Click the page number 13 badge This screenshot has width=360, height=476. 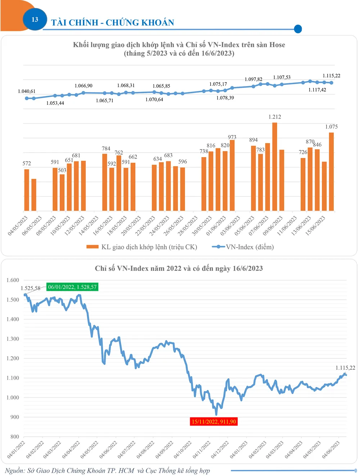click(x=35, y=19)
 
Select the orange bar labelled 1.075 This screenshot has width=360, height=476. click(x=332, y=172)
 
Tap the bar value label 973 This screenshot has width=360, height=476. click(x=232, y=137)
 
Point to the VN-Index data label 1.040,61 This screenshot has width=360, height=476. click(x=27, y=92)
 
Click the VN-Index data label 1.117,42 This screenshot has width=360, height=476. click(x=317, y=90)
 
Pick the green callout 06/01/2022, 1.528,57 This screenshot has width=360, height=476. click(x=72, y=287)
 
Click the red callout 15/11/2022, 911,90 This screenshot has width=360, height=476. click(x=214, y=422)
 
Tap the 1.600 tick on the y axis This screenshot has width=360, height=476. click(x=13, y=280)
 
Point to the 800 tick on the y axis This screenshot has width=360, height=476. click(x=15, y=437)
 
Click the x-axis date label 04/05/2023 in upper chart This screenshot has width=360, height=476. click(x=18, y=226)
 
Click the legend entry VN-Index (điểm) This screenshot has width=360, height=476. click(x=250, y=247)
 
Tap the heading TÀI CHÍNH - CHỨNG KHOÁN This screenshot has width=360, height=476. click(x=112, y=23)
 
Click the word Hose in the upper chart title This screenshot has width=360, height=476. click(x=277, y=45)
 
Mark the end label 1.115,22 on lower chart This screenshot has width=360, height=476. click(x=345, y=368)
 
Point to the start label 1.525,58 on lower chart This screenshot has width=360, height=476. click(x=31, y=288)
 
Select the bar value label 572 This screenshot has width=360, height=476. click(x=27, y=164)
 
